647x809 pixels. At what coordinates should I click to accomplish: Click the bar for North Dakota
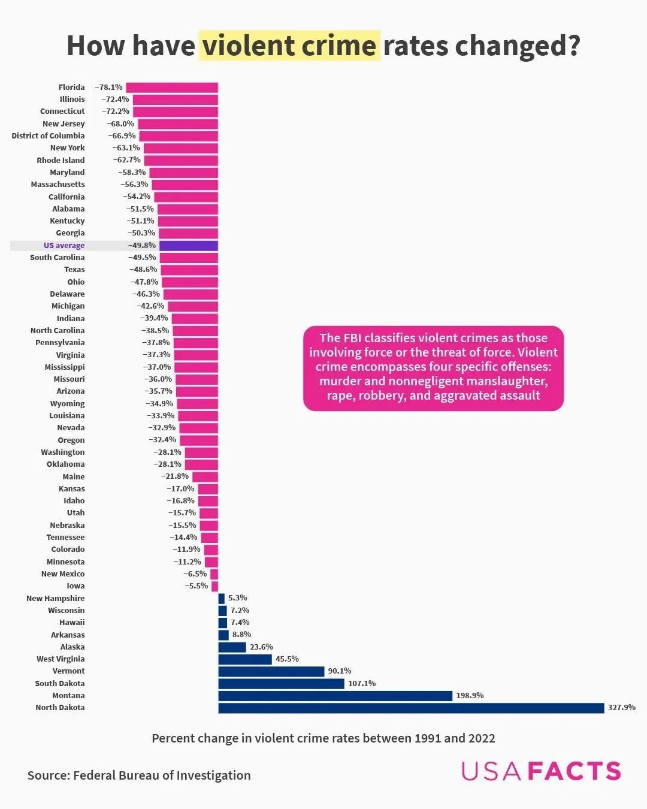coord(411,708)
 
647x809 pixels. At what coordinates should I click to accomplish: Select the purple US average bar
coord(189,246)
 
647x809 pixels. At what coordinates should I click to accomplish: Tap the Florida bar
coord(172,87)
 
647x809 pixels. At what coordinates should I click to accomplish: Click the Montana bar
coord(335,696)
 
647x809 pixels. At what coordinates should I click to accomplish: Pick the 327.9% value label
coord(621,708)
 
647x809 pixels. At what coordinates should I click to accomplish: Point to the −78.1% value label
coord(108,87)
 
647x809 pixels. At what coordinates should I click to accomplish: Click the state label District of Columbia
coord(48,136)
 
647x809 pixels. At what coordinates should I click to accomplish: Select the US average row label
coord(64,246)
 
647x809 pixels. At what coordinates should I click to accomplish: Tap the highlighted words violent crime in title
coord(289,46)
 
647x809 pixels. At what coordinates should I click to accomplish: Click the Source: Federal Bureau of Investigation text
coord(139,775)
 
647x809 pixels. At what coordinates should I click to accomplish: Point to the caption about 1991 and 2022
coord(323,738)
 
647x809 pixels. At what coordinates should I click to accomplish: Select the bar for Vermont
coord(271,671)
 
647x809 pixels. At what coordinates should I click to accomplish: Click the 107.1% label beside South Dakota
coord(362,684)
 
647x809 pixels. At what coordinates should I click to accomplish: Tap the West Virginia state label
coord(61,659)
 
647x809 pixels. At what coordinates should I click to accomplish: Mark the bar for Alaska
coord(232,647)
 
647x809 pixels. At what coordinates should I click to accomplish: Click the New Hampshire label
coord(55,599)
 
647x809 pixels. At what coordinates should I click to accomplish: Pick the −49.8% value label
coord(142,246)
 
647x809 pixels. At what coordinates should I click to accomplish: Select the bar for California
coord(186,197)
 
